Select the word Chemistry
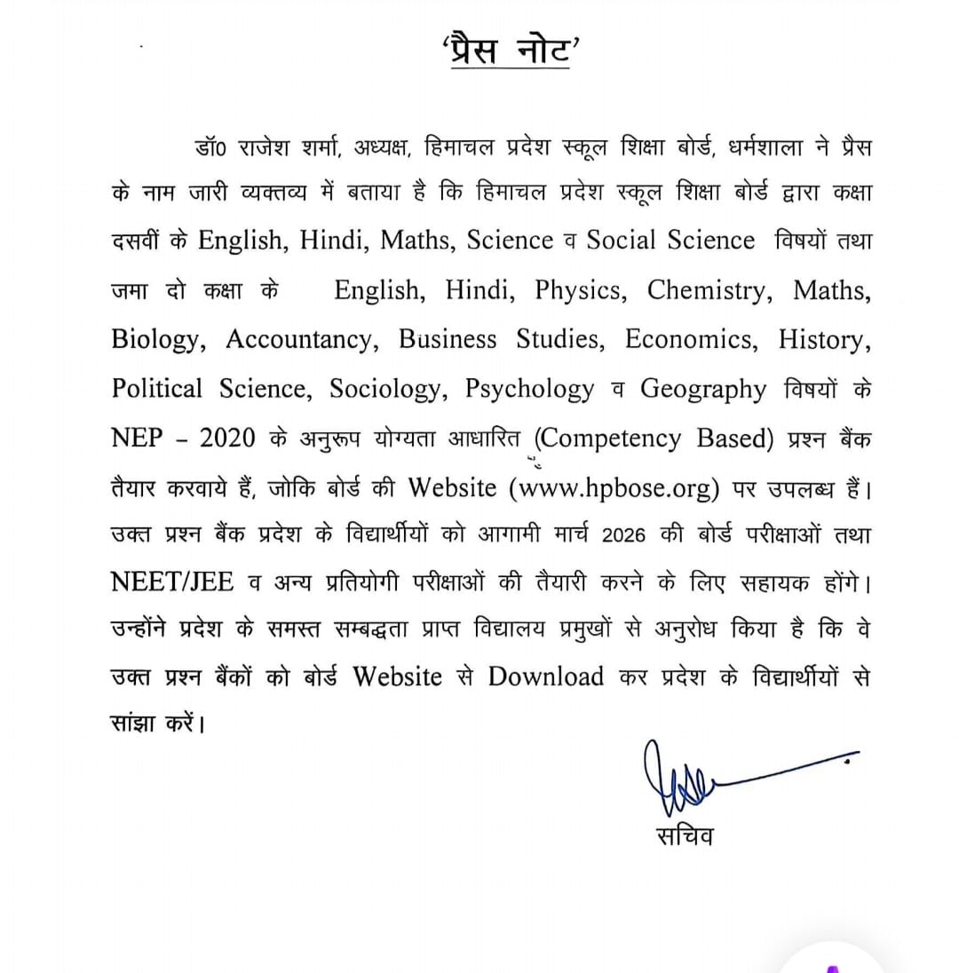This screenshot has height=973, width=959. coord(706,290)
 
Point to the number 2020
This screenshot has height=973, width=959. coord(227,439)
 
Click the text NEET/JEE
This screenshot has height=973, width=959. coord(172,581)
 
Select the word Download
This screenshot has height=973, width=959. coord(546,676)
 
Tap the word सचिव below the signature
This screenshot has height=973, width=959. coord(684,835)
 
